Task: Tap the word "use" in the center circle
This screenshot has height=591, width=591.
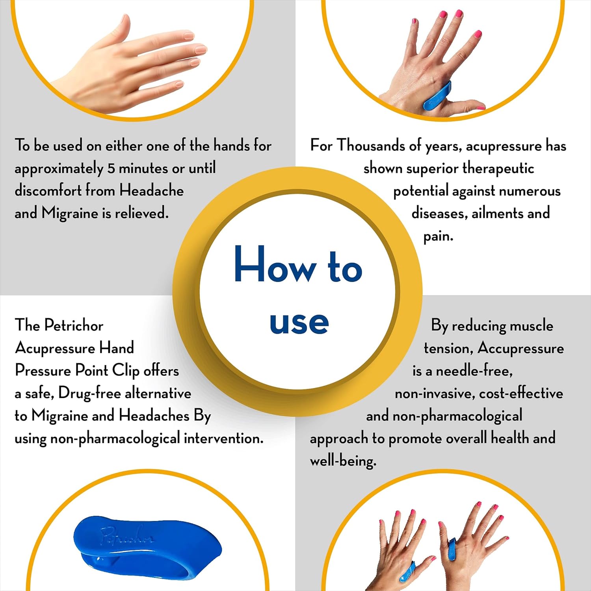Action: pyautogui.click(x=299, y=323)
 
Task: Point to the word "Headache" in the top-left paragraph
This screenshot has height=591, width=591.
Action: pyautogui.click(x=152, y=190)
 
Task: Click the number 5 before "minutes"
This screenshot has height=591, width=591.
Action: pyautogui.click(x=111, y=168)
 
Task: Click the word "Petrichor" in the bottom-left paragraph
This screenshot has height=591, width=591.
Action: pyautogui.click(x=74, y=325)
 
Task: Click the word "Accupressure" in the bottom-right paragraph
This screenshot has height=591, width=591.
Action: pyautogui.click(x=521, y=349)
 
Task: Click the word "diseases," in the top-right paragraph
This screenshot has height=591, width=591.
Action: pyautogui.click(x=439, y=213)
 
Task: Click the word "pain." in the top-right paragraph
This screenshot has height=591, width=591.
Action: pyautogui.click(x=438, y=236)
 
